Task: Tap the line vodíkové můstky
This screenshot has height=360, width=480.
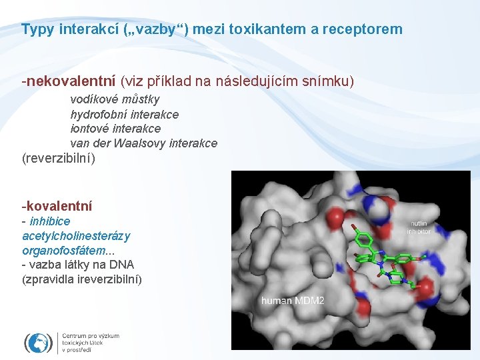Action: (x=115, y=100)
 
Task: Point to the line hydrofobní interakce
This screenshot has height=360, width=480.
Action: (x=124, y=114)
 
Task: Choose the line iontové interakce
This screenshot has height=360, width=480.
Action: (x=115, y=129)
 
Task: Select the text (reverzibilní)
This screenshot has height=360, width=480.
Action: (x=59, y=159)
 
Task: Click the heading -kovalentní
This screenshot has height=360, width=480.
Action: (x=57, y=207)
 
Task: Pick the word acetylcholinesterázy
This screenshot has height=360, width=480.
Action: (x=76, y=236)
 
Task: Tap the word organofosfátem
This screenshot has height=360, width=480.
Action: (x=64, y=251)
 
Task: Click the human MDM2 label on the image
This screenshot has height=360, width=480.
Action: (x=293, y=301)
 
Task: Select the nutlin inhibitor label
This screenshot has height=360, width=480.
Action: (x=420, y=227)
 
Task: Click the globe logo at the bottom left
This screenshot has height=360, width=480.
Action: (x=39, y=343)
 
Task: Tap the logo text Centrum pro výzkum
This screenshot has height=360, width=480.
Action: (x=91, y=336)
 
